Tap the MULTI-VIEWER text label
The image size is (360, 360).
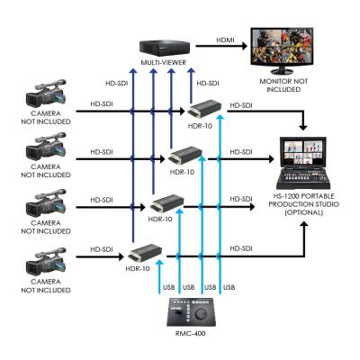[163, 63]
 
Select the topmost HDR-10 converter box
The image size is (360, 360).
[205, 112]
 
